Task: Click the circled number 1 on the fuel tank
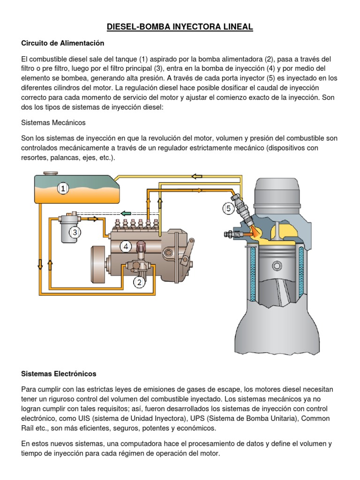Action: tap(63, 188)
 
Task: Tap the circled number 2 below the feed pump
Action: tap(139, 282)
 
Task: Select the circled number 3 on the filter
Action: tap(75, 232)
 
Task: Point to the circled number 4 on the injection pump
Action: tap(126, 246)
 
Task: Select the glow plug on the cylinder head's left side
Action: tap(233, 233)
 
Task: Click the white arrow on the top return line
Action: tap(196, 177)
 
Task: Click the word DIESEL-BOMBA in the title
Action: tap(133, 28)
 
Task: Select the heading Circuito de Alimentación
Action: tap(62, 43)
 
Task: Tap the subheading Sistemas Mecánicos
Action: tap(53, 122)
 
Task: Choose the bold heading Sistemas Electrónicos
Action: tap(59, 374)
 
